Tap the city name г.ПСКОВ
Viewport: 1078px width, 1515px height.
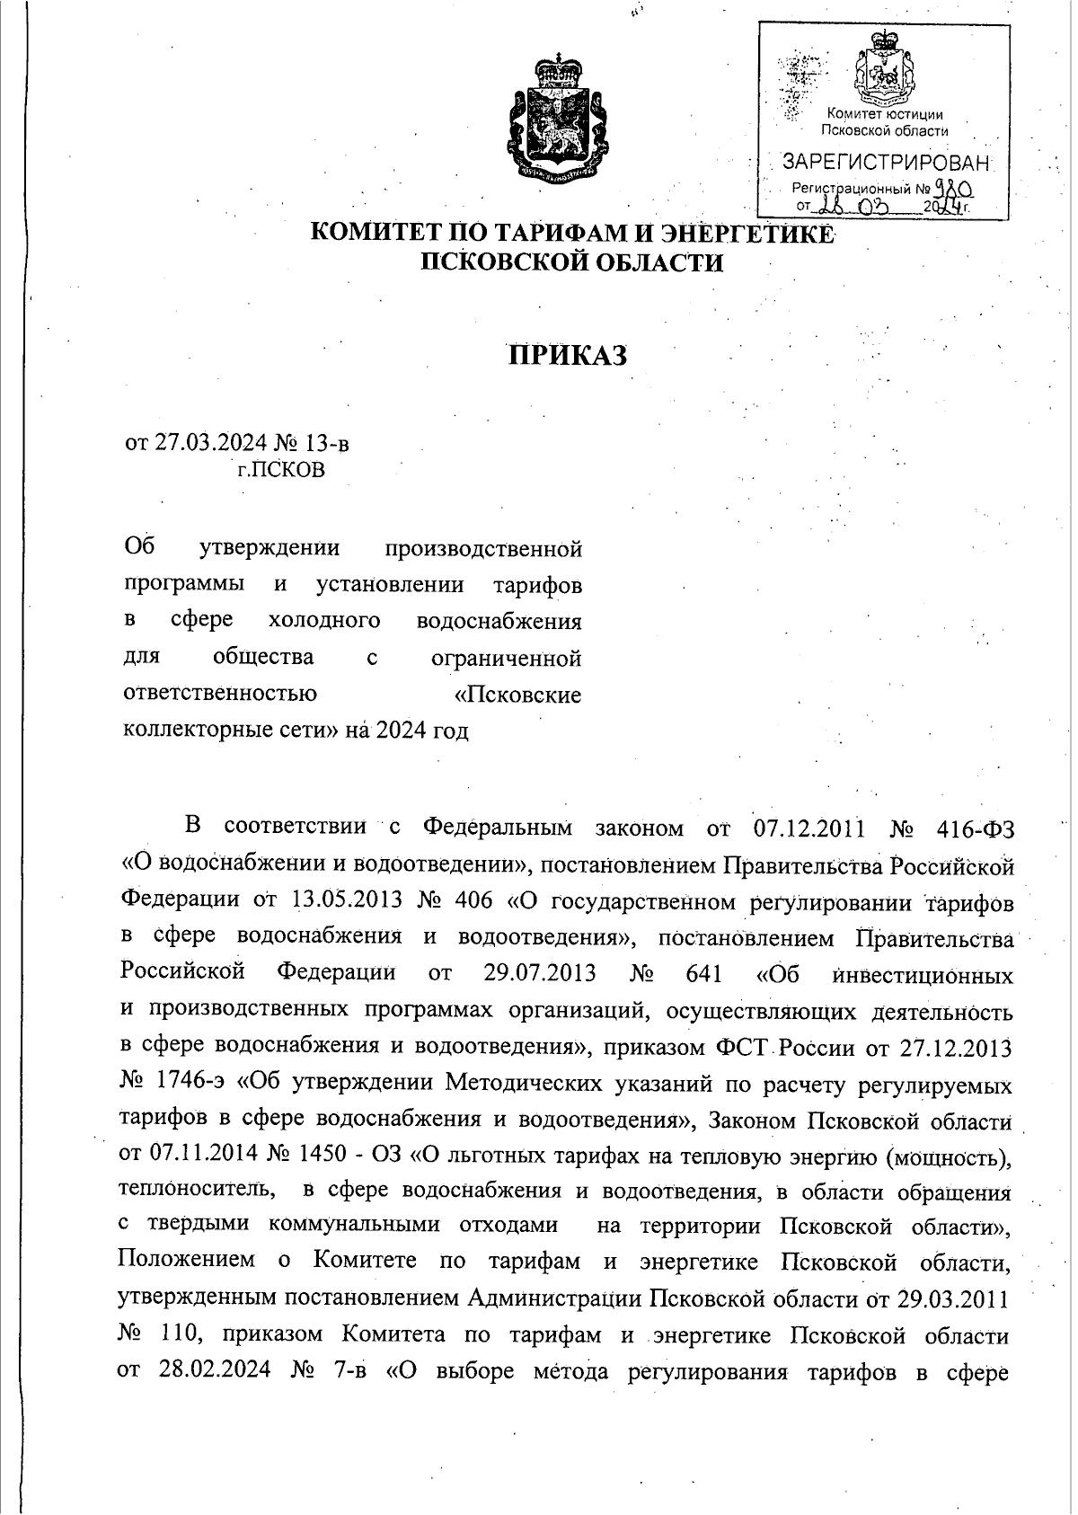(280, 470)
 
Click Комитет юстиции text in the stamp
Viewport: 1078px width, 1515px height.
(884, 115)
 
